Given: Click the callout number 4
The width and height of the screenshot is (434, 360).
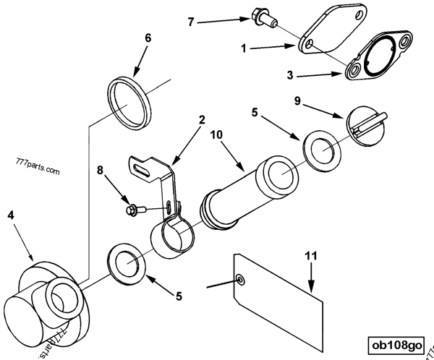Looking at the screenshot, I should click(x=11, y=215).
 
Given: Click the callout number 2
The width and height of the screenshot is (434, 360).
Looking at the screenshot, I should click(x=203, y=119).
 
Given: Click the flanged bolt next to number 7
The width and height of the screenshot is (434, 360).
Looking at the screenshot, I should click(x=260, y=14).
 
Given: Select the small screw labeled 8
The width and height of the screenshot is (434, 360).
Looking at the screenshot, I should click(x=134, y=209).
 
